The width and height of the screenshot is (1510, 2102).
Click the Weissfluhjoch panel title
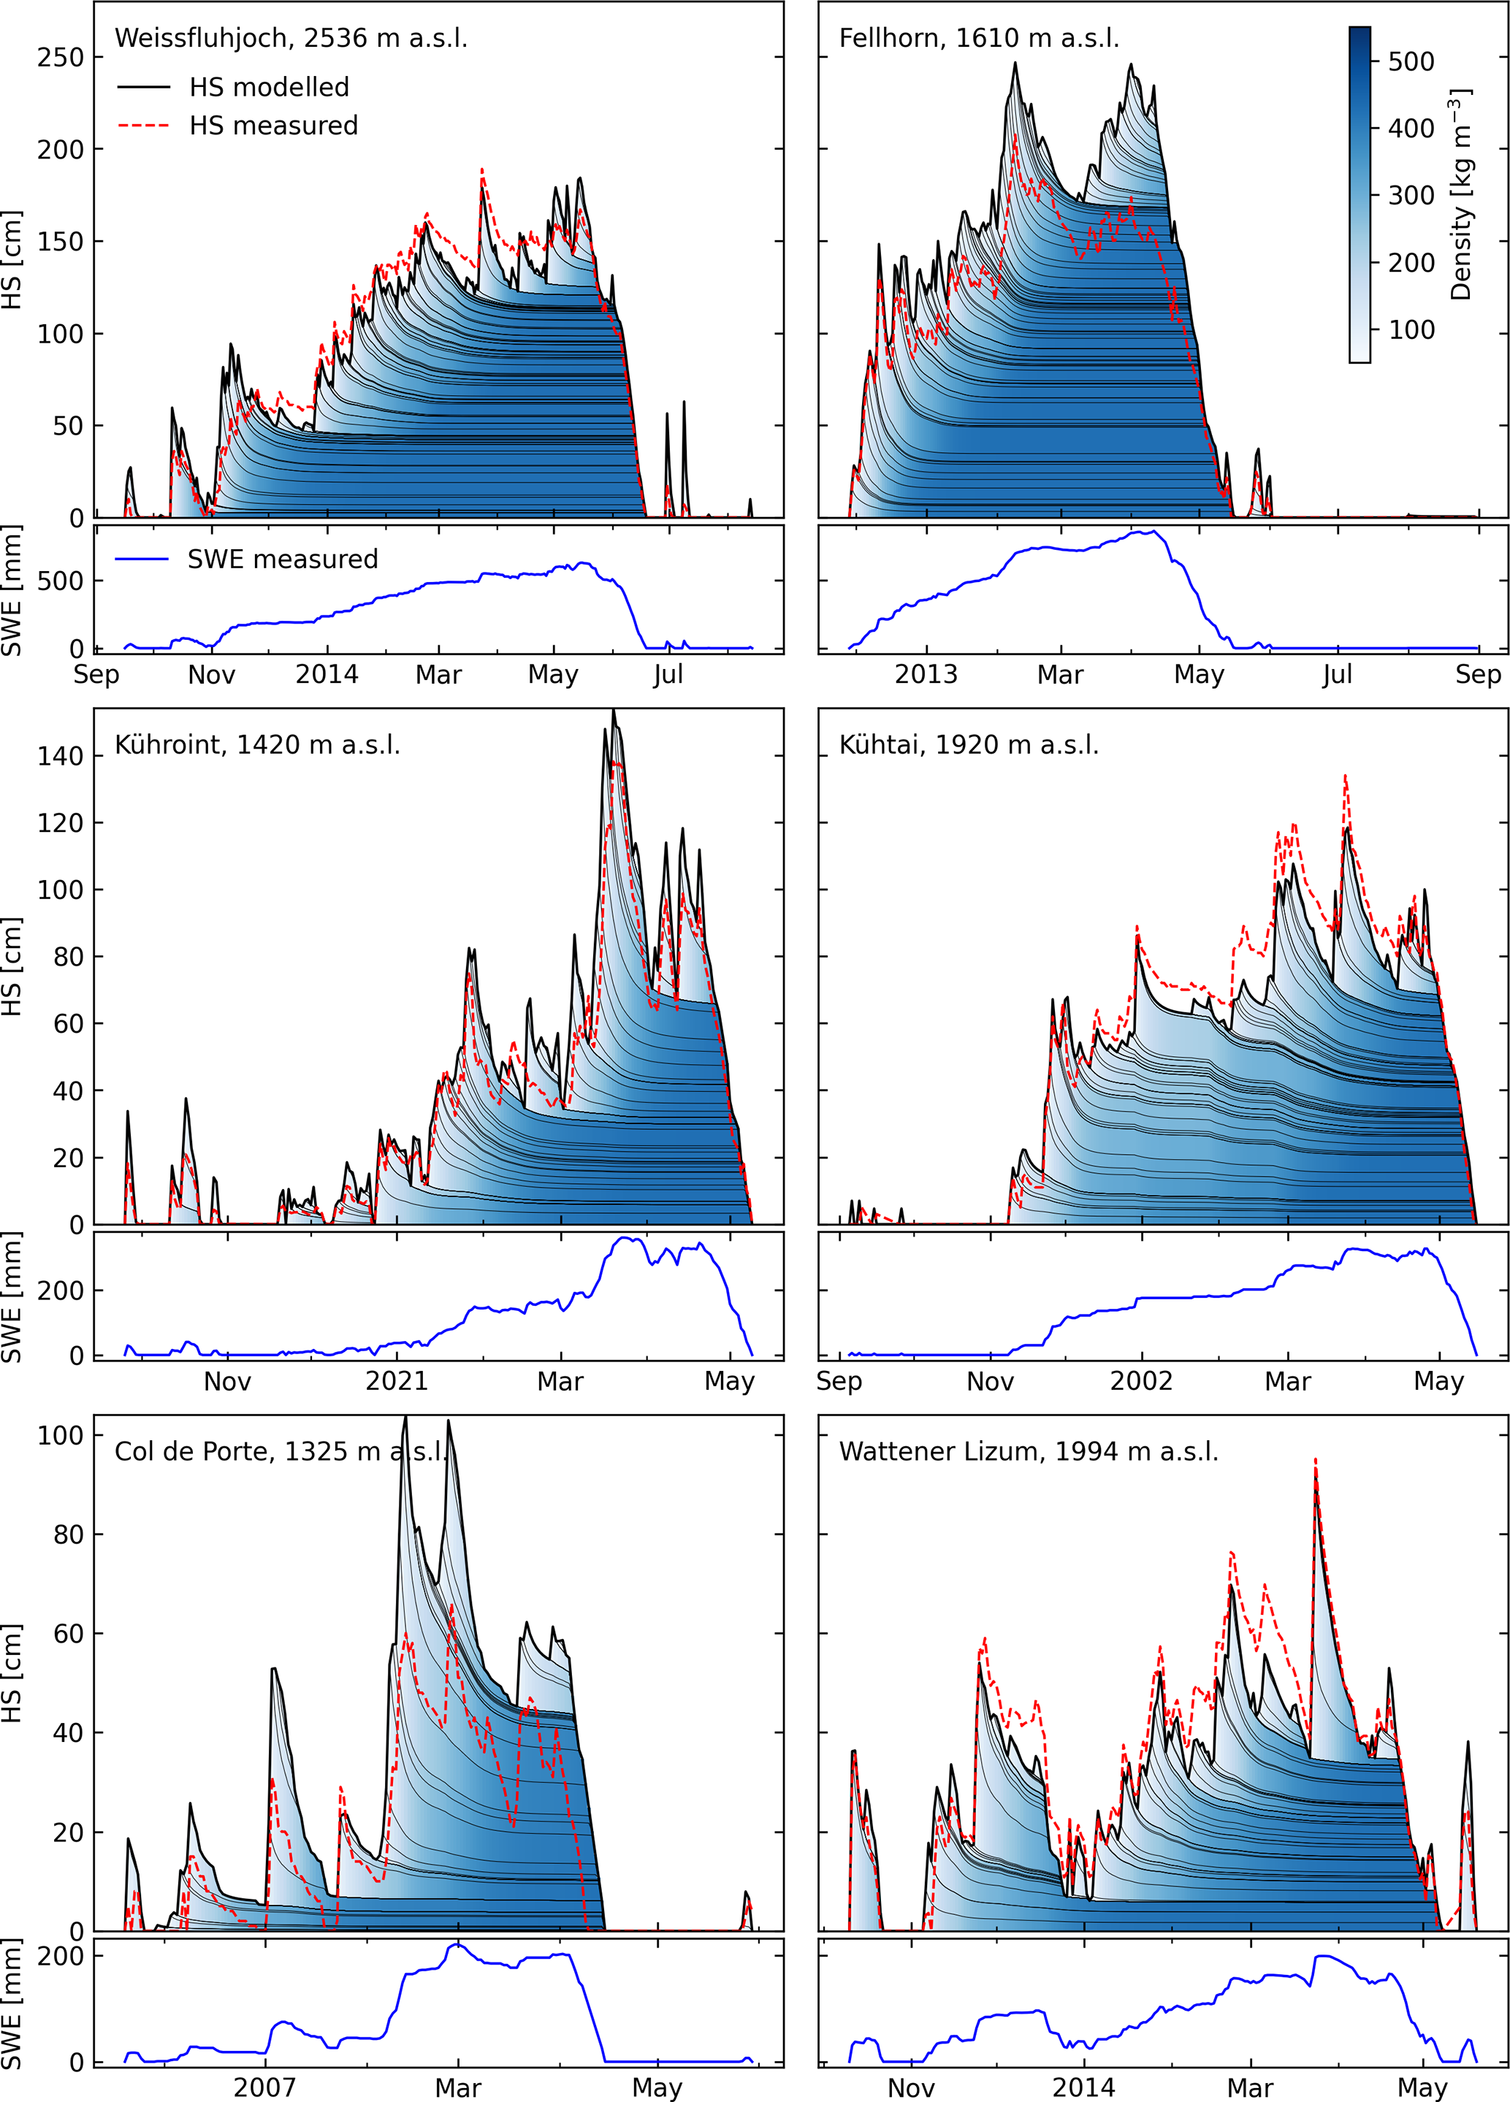(290, 38)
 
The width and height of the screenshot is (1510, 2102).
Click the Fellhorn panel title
(979, 38)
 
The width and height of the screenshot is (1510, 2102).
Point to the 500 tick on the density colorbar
(1411, 61)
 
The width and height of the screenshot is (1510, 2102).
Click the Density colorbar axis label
(1461, 194)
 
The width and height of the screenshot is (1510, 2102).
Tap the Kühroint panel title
(256, 745)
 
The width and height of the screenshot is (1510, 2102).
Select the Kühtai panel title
(969, 745)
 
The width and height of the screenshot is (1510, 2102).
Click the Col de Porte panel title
(281, 1451)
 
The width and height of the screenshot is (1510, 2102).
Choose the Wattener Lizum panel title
(1028, 1451)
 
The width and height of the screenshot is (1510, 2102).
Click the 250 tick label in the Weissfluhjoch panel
(60, 58)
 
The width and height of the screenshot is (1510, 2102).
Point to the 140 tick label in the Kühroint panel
(60, 756)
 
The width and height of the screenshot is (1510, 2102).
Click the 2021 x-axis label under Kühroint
(396, 1382)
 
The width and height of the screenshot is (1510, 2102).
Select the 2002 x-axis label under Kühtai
(1141, 1382)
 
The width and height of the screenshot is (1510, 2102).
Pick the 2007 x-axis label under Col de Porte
(264, 2088)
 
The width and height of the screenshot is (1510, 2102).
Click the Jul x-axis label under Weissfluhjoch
(668, 675)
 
